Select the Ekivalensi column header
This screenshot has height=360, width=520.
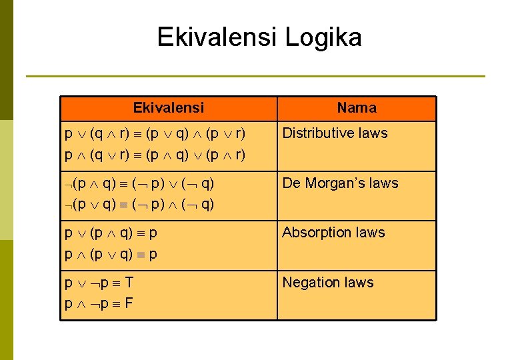pyautogui.click(x=169, y=108)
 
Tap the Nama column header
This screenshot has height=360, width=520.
pyautogui.click(x=356, y=108)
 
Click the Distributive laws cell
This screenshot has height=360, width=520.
pyautogui.click(x=335, y=133)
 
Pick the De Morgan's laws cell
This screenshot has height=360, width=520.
pyautogui.click(x=340, y=183)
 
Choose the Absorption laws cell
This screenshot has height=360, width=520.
pyautogui.click(x=333, y=233)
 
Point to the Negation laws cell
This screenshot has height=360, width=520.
pyautogui.click(x=328, y=283)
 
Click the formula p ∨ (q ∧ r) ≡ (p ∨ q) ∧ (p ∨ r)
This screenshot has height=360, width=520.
pyautogui.click(x=155, y=133)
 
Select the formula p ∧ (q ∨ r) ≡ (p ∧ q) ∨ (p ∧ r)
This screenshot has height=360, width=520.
pyautogui.click(x=155, y=155)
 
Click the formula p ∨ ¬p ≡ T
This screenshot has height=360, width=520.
pyautogui.click(x=99, y=283)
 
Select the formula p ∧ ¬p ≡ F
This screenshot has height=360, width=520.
pyautogui.click(x=99, y=304)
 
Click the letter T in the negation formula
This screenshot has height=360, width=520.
pyautogui.click(x=129, y=283)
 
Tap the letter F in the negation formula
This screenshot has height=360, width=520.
pyautogui.click(x=129, y=304)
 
